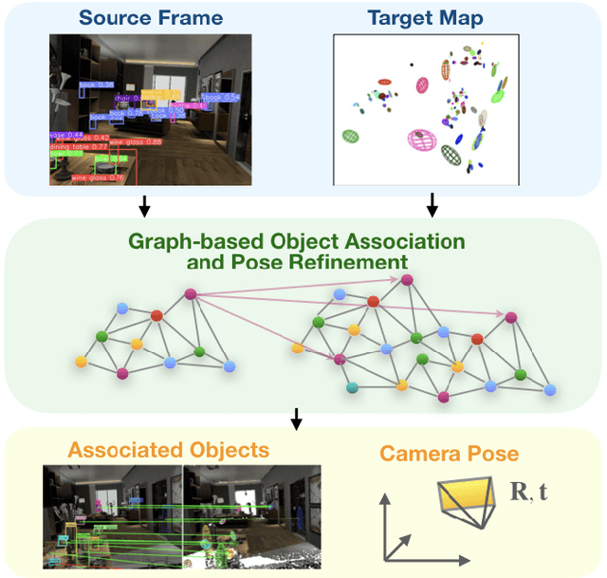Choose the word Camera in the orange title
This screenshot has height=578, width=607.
[419, 455]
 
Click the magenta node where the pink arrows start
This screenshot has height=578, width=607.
[190, 295]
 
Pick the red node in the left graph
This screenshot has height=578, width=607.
[157, 315]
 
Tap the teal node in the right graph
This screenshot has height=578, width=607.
[352, 387]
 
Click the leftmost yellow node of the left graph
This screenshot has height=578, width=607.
[81, 362]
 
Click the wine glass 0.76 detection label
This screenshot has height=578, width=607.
[98, 177]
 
